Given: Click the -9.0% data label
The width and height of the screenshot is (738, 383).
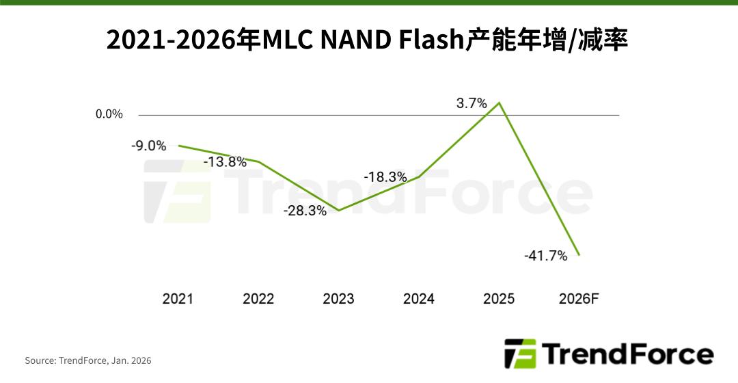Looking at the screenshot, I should tap(148, 145).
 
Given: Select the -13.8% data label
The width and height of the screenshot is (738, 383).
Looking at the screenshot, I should tap(225, 162).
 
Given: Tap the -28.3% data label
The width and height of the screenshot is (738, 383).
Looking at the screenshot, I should tap(305, 211).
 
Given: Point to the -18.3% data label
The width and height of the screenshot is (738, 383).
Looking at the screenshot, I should tap(385, 176).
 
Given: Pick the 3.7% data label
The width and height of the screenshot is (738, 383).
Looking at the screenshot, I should tap(471, 103).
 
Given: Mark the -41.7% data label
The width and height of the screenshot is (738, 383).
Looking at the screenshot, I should tap(546, 256).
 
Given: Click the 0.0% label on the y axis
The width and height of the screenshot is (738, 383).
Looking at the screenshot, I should tap(109, 114).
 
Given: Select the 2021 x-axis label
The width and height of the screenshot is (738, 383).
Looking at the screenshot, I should tap(178, 299).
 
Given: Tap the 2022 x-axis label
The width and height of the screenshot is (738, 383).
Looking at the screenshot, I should tap(258, 299).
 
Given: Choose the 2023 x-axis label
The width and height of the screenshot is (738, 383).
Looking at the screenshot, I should tap(338, 299).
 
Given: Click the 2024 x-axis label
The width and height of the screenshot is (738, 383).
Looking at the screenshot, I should tap(418, 299).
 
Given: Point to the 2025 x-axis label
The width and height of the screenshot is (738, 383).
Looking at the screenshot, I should tap(499, 299).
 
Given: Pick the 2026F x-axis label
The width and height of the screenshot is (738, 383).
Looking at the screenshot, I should tap(579, 299).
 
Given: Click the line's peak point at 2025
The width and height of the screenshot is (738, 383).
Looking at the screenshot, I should tap(500, 103).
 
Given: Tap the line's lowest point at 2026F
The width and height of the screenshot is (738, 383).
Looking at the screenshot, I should tap(579, 255).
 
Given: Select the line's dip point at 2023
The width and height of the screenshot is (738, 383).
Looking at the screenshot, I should tap(339, 210).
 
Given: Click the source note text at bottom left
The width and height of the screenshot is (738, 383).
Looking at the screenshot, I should tap(88, 360).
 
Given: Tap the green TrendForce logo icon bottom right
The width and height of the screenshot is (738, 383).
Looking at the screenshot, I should tap(520, 354).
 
